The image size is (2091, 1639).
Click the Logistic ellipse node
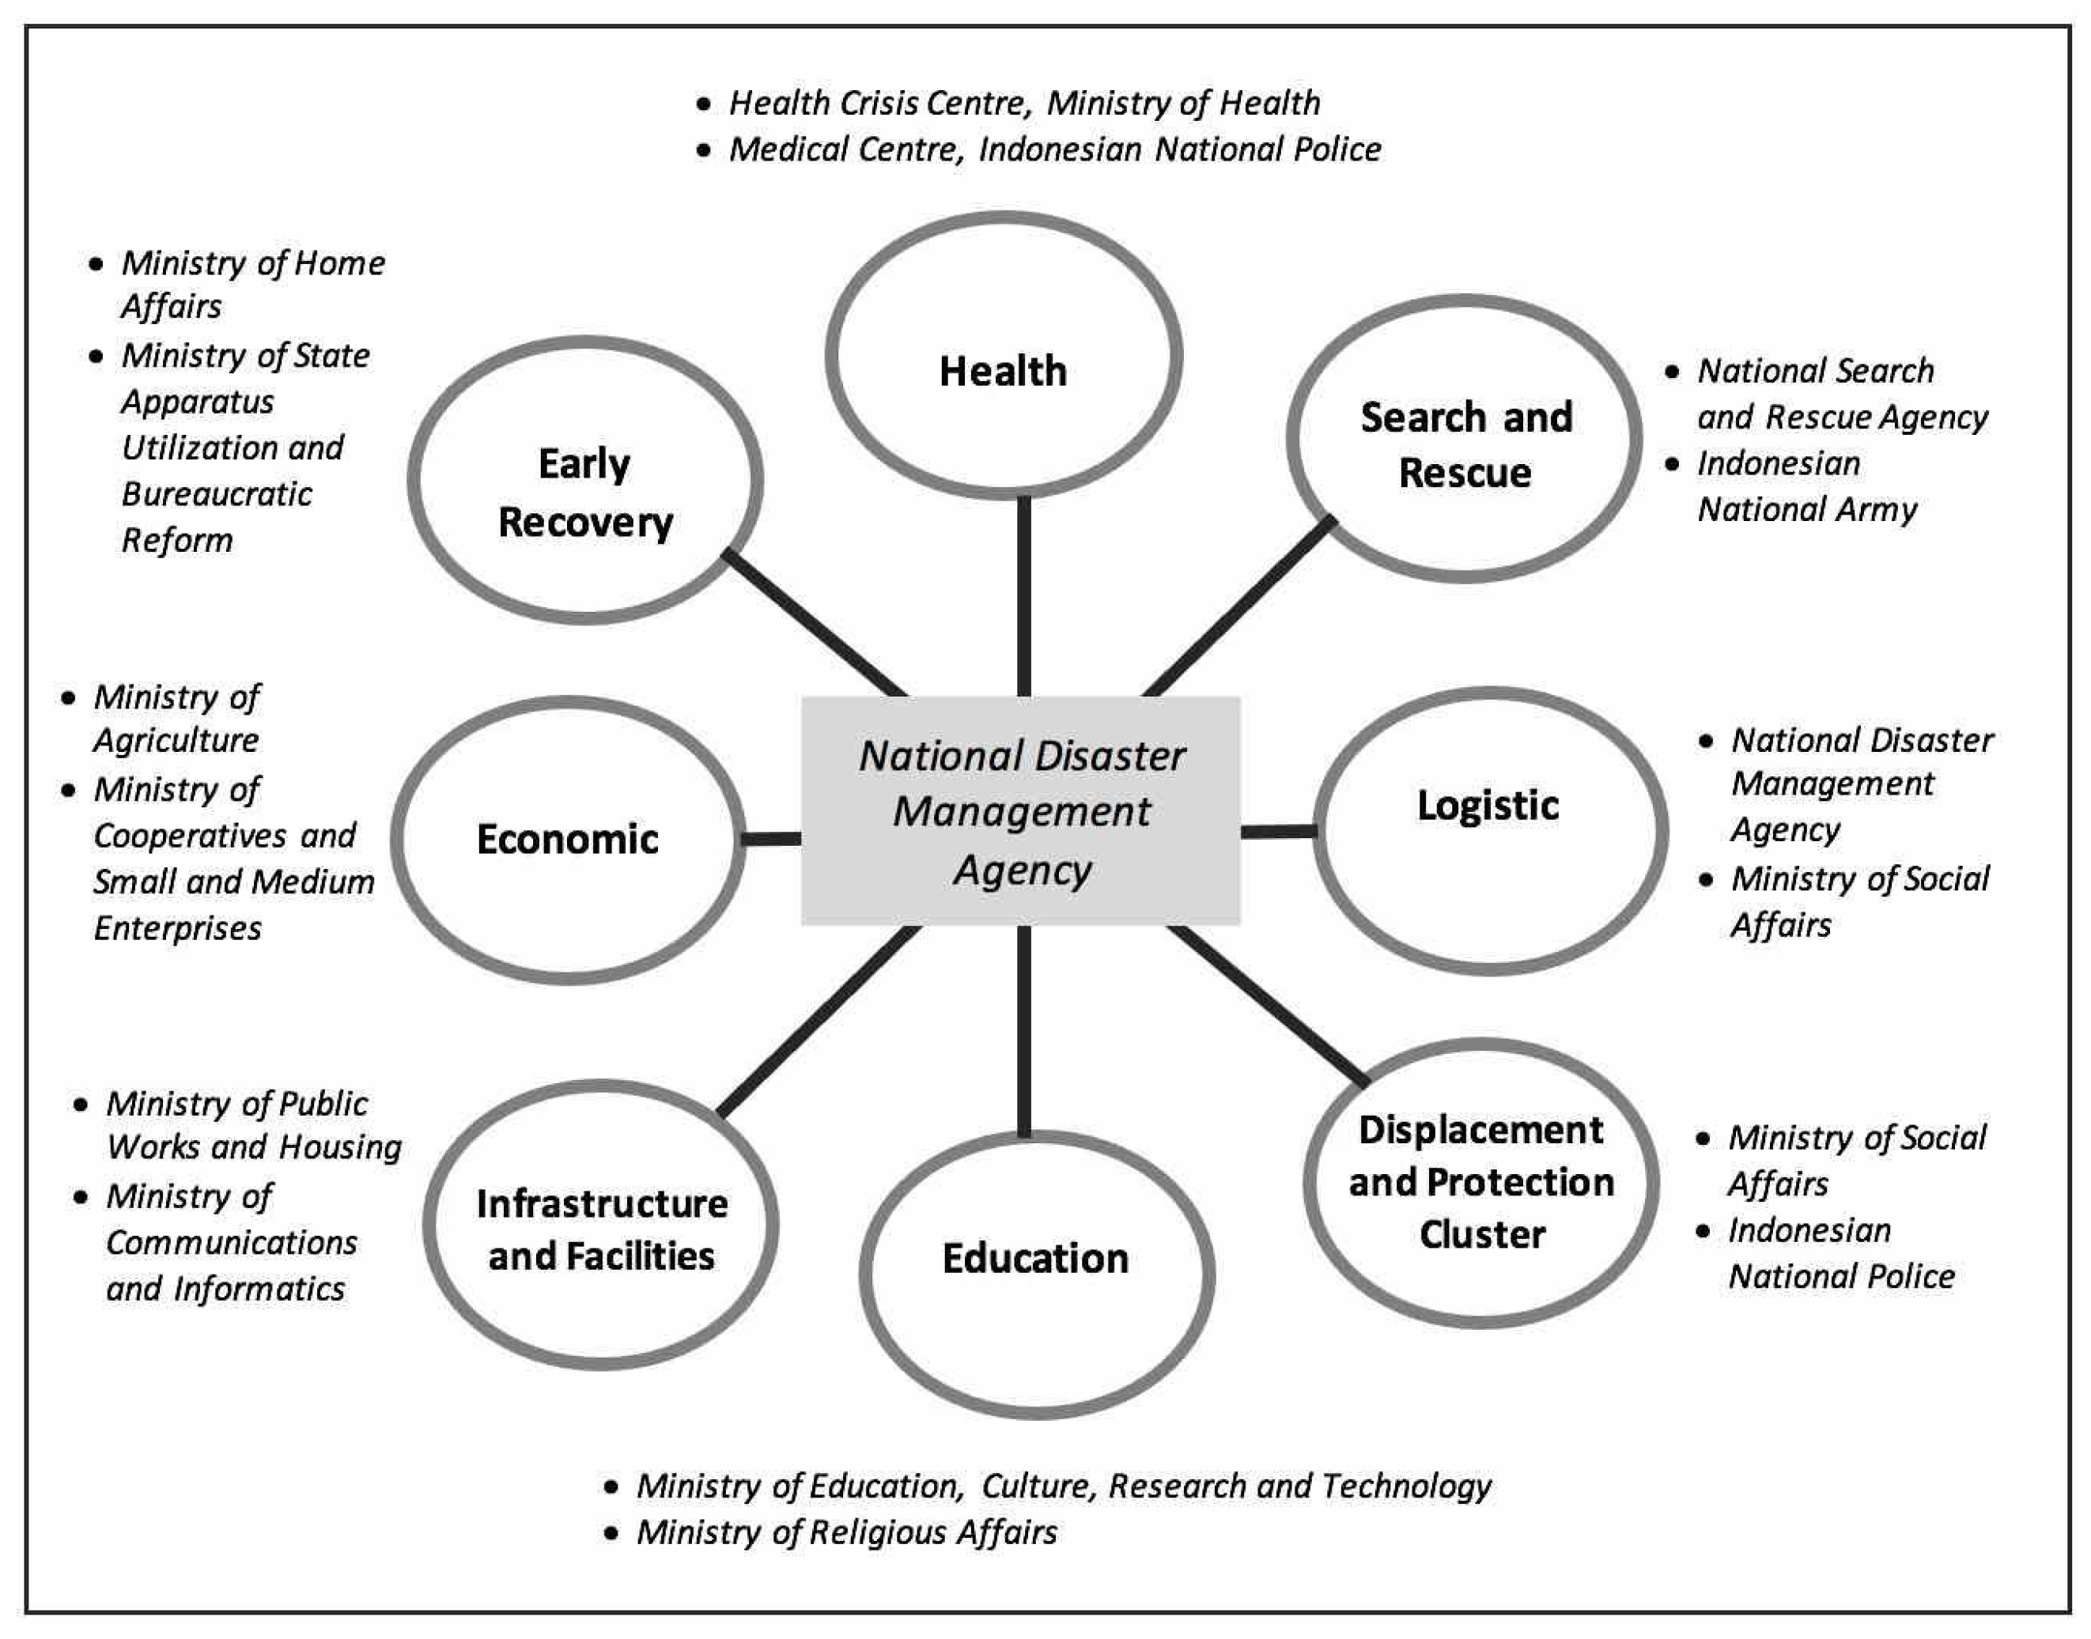click(x=1490, y=831)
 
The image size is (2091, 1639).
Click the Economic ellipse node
click(x=568, y=840)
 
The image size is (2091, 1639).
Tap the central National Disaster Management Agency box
click(x=1021, y=811)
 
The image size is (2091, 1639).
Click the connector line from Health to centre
click(x=1024, y=595)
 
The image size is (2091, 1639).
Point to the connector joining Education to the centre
click(x=1024, y=1032)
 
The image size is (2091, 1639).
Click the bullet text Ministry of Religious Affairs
click(x=846, y=1531)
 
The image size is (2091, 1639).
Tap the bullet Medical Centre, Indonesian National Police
click(x=1053, y=149)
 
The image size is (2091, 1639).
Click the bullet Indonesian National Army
click(x=1806, y=486)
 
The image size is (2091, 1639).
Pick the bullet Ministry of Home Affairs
click(x=251, y=284)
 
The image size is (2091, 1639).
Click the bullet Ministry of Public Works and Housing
click(x=251, y=1124)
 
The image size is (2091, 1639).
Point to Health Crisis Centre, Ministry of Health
click(x=1023, y=103)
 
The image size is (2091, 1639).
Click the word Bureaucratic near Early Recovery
click(x=217, y=494)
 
